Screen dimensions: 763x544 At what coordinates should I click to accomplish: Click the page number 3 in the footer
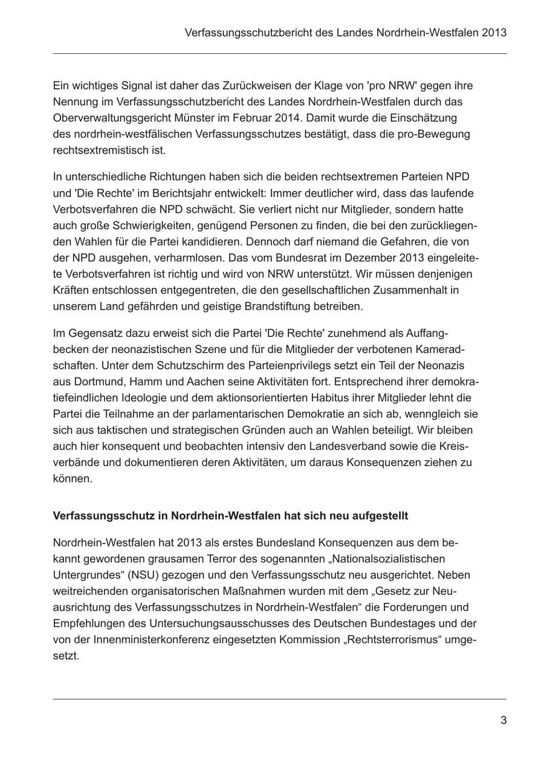coord(503,720)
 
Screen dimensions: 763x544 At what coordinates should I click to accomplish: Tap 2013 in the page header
coord(494,32)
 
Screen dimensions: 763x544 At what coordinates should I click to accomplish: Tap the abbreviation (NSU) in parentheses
coord(145,575)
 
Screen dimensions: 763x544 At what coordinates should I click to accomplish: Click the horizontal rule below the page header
coord(279,54)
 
